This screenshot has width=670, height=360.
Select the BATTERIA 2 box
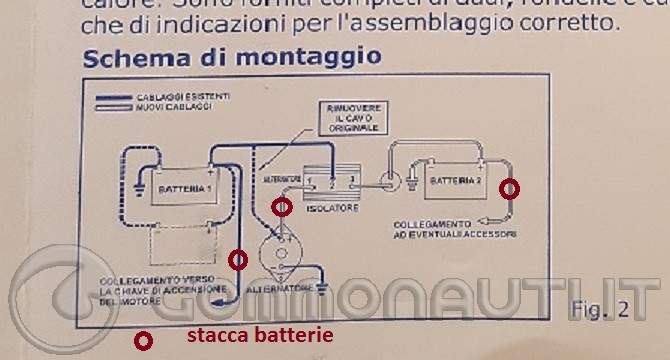click(x=454, y=182)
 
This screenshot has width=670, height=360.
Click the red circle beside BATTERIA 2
click(x=510, y=188)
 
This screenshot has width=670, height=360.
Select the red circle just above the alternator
click(x=283, y=207)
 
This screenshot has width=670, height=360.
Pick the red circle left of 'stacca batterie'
click(x=144, y=341)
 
